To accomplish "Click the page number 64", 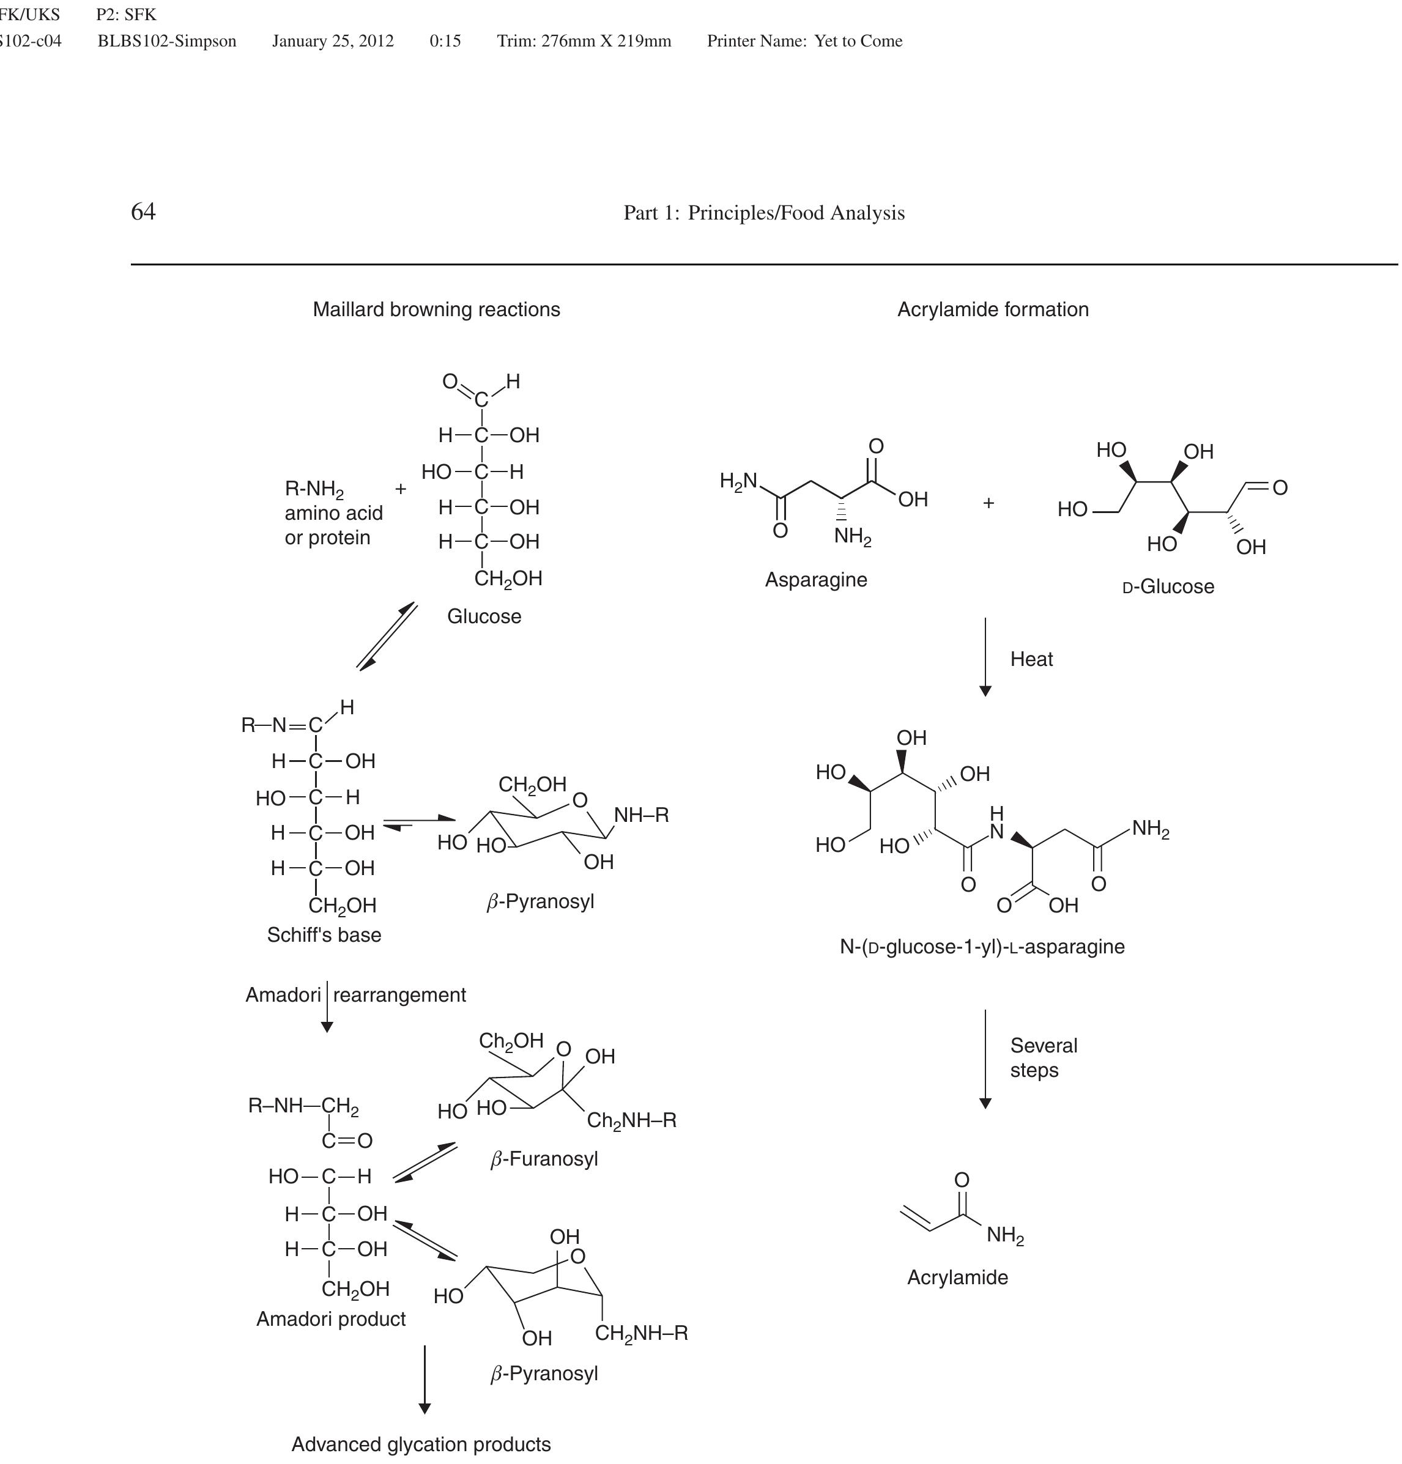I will tap(144, 212).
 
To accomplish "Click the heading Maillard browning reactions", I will tap(437, 310).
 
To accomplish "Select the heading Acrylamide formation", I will tap(992, 310).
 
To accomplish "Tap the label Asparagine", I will tap(816, 580).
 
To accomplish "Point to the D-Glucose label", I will tap(1169, 587).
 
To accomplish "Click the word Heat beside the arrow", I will tap(1031, 660).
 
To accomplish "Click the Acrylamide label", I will tap(957, 1278).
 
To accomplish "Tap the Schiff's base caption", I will tap(324, 935).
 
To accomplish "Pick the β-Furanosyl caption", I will tap(544, 1159).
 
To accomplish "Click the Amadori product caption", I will tap(331, 1319).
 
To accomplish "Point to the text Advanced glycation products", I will tap(421, 1444).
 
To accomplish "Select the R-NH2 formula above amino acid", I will tap(314, 490).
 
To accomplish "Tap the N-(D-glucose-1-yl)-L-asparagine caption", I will tap(982, 947).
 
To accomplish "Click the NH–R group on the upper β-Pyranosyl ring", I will tap(641, 815).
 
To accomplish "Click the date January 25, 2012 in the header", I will tap(333, 41).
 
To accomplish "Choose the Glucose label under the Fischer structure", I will tap(484, 617).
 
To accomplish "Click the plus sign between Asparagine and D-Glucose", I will tap(988, 503).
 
